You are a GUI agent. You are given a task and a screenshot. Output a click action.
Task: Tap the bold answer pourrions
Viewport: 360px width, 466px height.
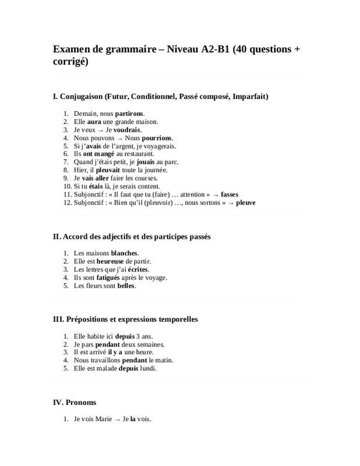click(157, 137)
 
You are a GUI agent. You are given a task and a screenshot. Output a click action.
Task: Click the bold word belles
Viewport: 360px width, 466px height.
click(126, 286)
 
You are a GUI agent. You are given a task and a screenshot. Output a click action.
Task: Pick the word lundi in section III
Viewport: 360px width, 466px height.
click(148, 369)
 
